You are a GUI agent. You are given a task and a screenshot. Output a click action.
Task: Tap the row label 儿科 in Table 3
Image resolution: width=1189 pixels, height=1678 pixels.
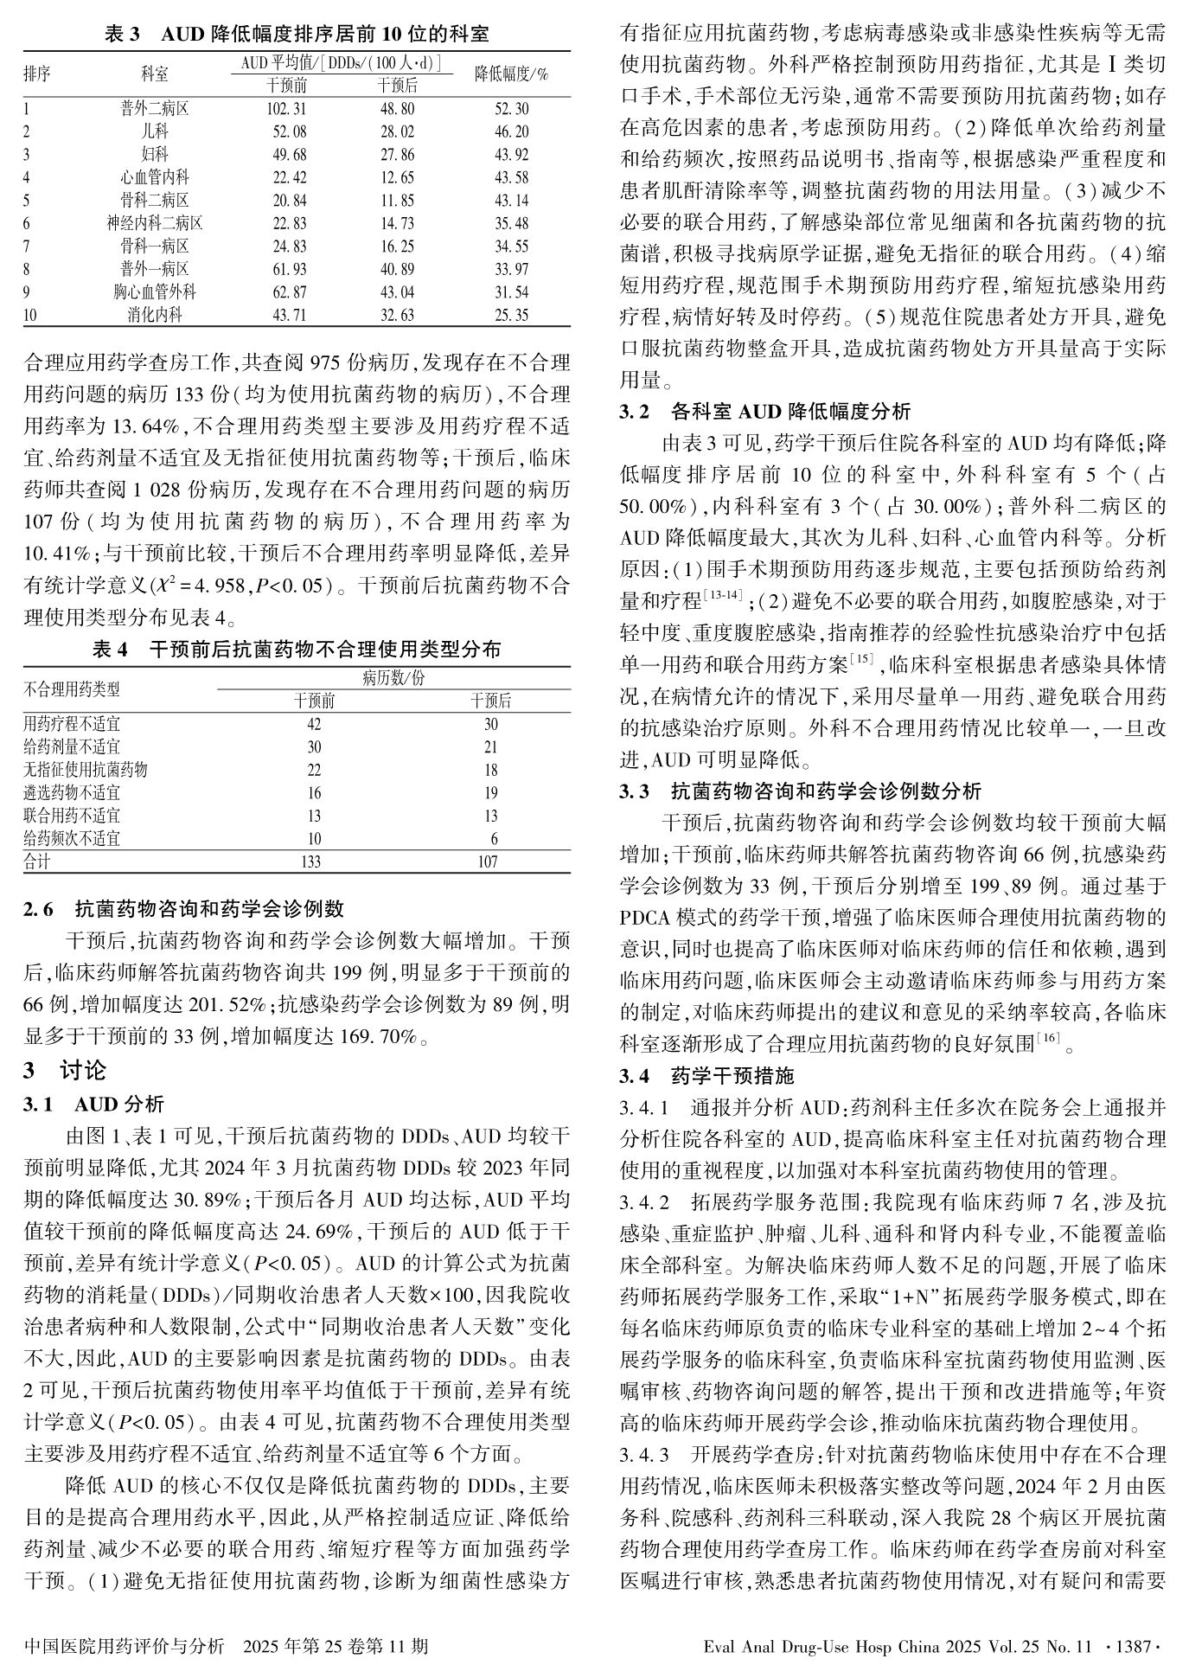click(x=155, y=132)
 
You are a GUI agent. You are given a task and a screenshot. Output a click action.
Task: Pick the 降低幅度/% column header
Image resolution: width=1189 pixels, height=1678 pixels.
click(x=512, y=74)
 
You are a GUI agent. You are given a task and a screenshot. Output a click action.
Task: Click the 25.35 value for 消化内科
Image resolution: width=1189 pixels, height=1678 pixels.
click(x=512, y=315)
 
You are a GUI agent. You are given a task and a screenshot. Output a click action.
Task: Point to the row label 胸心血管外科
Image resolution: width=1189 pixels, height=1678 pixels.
click(x=155, y=292)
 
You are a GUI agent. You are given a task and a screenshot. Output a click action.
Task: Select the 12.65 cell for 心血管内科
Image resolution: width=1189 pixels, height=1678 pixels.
click(x=397, y=178)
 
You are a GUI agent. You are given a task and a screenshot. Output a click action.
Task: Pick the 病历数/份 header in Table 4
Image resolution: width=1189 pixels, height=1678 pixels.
click(x=393, y=677)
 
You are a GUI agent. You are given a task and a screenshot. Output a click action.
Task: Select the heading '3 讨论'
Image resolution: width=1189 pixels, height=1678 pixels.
click(x=65, y=1071)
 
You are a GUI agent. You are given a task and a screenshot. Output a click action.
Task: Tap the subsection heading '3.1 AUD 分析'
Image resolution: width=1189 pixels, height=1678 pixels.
click(x=93, y=1105)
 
